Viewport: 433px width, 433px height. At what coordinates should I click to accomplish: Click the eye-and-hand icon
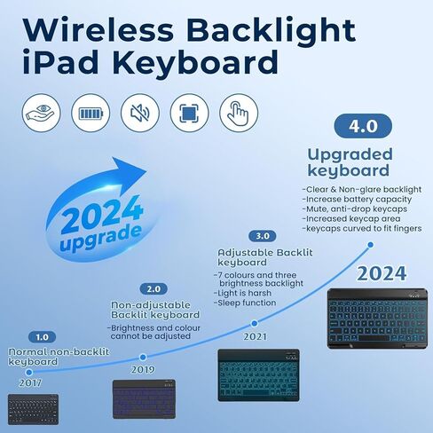click(41, 113)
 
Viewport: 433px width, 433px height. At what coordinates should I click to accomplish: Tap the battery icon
click(91, 113)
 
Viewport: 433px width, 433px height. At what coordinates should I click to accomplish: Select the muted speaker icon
click(140, 113)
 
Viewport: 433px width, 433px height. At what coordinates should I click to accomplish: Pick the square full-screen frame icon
click(189, 113)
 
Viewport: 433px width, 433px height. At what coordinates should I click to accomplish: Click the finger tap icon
click(239, 113)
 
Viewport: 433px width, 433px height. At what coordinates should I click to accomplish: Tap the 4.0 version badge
click(363, 126)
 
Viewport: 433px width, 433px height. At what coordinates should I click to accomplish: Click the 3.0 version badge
click(262, 236)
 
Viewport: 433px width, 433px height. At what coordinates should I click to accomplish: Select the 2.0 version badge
click(154, 289)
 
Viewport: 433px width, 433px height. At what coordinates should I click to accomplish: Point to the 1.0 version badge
click(42, 337)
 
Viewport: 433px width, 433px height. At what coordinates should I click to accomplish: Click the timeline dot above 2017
click(29, 372)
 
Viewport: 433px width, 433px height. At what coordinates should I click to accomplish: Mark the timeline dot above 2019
click(143, 358)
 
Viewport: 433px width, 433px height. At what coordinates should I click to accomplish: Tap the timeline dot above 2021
click(254, 323)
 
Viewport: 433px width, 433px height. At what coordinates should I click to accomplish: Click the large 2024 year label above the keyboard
click(382, 273)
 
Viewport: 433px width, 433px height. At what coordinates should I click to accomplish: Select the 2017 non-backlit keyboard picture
click(33, 409)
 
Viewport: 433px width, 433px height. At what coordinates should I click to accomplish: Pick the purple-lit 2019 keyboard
click(144, 399)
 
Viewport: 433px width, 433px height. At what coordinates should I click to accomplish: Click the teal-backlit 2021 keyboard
click(258, 375)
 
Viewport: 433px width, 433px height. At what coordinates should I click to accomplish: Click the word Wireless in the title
click(98, 30)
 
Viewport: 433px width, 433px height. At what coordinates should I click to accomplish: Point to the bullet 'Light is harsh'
click(242, 293)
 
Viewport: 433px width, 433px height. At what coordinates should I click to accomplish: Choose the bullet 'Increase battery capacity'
click(357, 200)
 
